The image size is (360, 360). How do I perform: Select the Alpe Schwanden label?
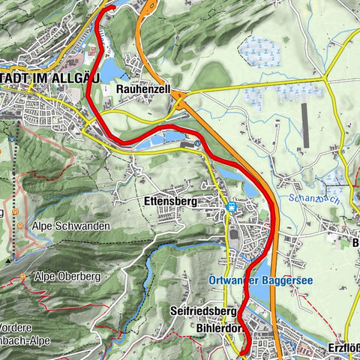[x=72, y=226]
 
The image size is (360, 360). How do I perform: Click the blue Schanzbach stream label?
[x=307, y=199]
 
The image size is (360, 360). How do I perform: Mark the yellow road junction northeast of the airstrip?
[x=324, y=78]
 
